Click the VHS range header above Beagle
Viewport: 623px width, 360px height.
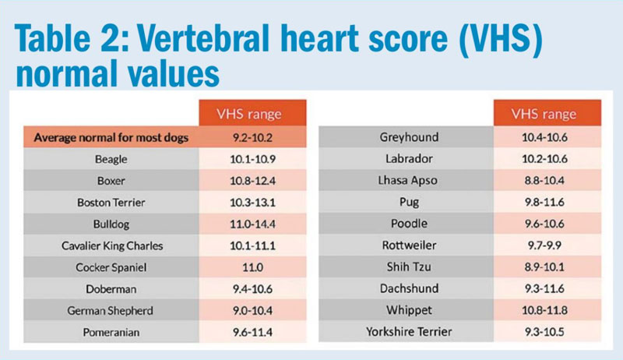coord(249,114)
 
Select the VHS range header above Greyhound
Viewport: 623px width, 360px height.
coord(544,114)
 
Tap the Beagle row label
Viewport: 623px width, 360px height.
coord(111,159)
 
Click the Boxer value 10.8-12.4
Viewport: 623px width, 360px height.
coord(252,181)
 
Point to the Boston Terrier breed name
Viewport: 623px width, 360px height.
coord(111,203)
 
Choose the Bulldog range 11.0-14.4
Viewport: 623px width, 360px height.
coord(252,224)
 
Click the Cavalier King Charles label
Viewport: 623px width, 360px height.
coord(112,246)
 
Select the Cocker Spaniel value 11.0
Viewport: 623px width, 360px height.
coord(252,267)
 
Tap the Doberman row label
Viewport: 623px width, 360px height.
coord(111,289)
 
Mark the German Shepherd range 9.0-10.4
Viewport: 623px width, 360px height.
coord(252,310)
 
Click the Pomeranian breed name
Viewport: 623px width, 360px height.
coord(111,332)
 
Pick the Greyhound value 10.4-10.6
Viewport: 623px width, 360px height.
coord(544,137)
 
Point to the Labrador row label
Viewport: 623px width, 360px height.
coord(409,159)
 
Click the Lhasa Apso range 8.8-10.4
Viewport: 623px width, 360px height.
coord(544,181)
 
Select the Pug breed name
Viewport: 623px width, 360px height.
coord(409,203)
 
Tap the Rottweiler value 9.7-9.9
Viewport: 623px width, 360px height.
coord(544,245)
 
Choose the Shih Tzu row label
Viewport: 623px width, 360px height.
coord(409,266)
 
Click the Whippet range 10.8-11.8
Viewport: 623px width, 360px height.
coord(544,310)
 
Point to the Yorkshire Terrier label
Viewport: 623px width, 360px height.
coord(409,332)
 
